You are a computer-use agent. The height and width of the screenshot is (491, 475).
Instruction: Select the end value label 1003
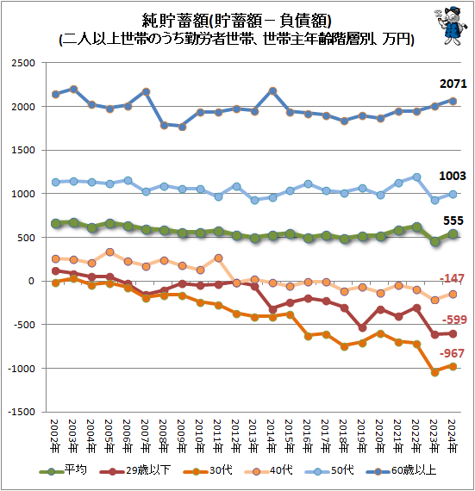click(453, 175)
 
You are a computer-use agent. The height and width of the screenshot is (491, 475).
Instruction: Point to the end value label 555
click(455, 221)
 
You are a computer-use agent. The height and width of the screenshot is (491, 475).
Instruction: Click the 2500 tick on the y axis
click(23, 63)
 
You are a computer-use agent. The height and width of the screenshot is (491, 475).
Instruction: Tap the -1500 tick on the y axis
click(22, 412)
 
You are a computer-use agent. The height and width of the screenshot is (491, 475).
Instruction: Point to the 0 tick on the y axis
click(33, 281)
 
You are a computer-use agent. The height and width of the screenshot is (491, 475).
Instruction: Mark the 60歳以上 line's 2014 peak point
click(272, 90)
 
